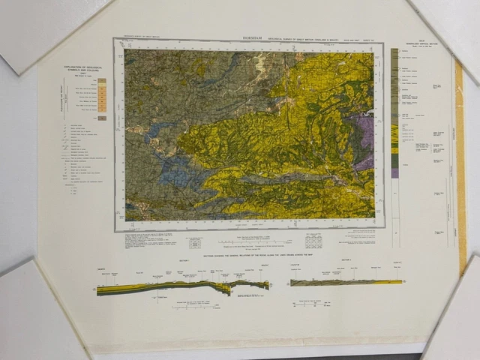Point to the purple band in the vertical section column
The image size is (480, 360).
(394, 172)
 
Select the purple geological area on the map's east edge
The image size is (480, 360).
(365, 139)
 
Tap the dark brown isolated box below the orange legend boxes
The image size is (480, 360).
(102, 118)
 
